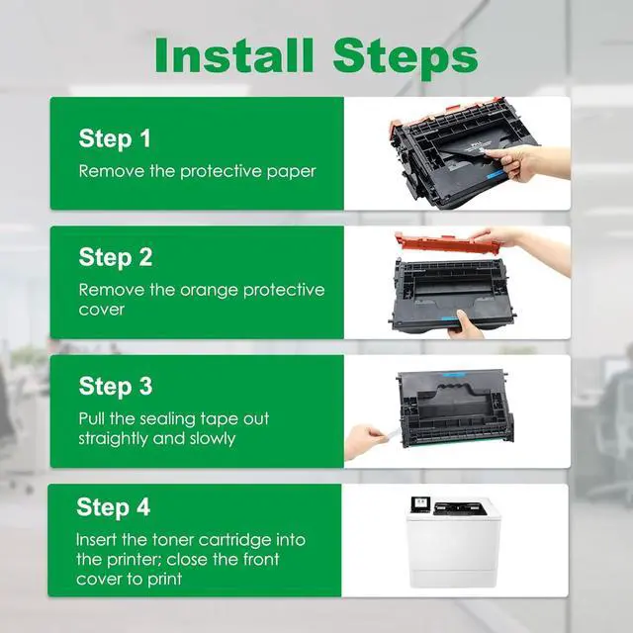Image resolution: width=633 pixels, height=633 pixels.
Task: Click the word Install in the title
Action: (x=234, y=55)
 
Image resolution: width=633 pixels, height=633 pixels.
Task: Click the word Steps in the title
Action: (x=406, y=58)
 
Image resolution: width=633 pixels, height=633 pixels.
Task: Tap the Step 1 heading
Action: (x=115, y=139)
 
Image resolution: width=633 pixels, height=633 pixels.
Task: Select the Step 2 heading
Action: (x=116, y=258)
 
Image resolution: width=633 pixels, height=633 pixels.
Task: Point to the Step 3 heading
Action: (x=116, y=387)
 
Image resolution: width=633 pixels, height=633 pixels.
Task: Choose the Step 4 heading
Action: (x=113, y=507)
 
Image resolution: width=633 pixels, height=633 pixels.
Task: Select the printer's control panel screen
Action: (x=420, y=503)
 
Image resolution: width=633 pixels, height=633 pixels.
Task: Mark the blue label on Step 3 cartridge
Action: (x=455, y=376)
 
